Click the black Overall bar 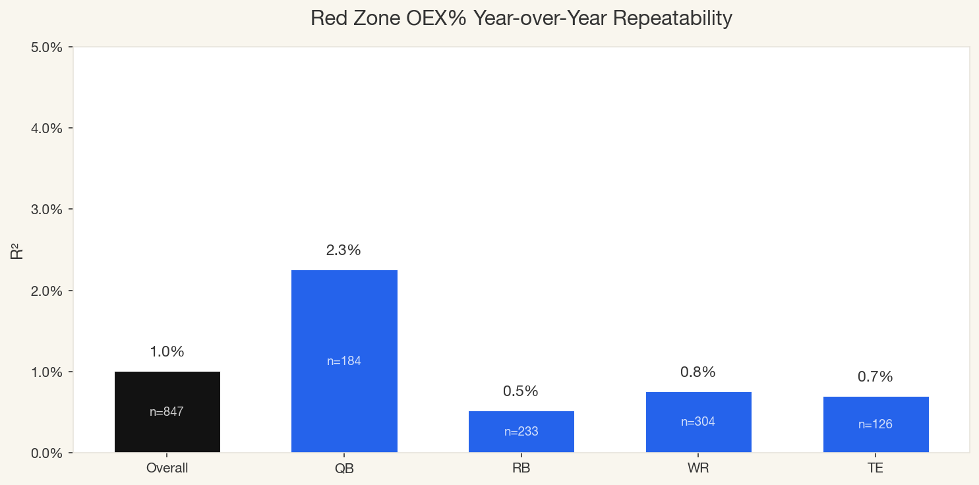click(167, 412)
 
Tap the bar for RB click(521, 432)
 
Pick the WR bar click(698, 422)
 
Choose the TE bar click(875, 424)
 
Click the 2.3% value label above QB click(343, 250)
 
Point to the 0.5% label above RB click(521, 391)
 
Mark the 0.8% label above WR click(698, 372)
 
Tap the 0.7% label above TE click(875, 377)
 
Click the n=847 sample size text click(167, 413)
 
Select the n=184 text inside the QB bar click(344, 361)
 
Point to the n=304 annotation click(698, 422)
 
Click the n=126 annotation click(875, 425)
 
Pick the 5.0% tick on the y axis click(47, 47)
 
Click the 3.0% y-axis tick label click(47, 210)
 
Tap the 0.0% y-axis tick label click(47, 453)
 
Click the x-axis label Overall click(167, 469)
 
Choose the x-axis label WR click(698, 469)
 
